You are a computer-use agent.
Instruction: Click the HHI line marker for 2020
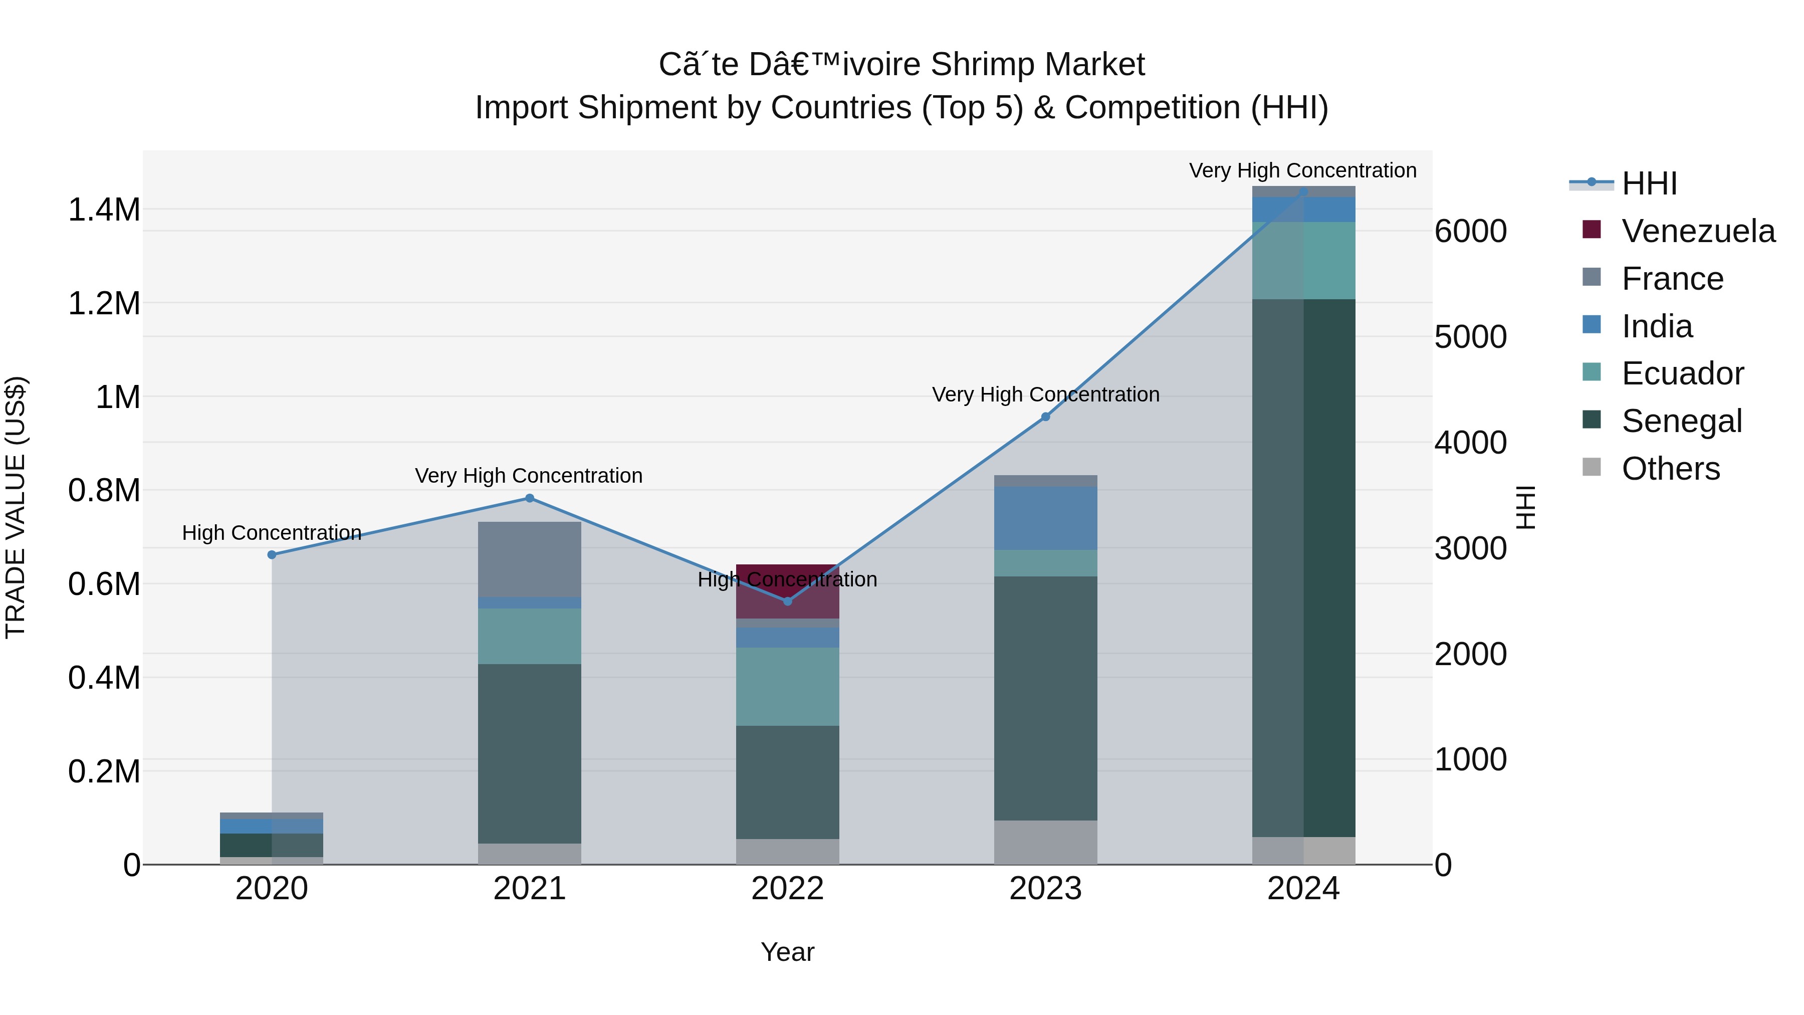click(x=272, y=555)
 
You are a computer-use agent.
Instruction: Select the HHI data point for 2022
click(x=787, y=601)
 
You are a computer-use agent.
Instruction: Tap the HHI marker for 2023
click(x=1045, y=417)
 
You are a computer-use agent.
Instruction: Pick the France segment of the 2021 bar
click(x=530, y=559)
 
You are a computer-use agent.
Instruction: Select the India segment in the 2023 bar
click(x=1045, y=518)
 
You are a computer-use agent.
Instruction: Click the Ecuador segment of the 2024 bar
click(x=1303, y=261)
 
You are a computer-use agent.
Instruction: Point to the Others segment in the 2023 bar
click(x=1045, y=842)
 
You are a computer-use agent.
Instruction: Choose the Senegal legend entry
click(x=1681, y=421)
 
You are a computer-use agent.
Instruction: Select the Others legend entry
click(x=1670, y=469)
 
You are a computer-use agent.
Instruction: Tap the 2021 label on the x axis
click(x=530, y=889)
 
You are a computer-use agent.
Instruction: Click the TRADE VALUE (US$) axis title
click(x=16, y=507)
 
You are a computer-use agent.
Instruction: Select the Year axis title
click(x=787, y=952)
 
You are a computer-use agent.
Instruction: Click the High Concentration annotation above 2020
click(x=272, y=533)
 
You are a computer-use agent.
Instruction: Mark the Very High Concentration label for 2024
click(x=1302, y=170)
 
